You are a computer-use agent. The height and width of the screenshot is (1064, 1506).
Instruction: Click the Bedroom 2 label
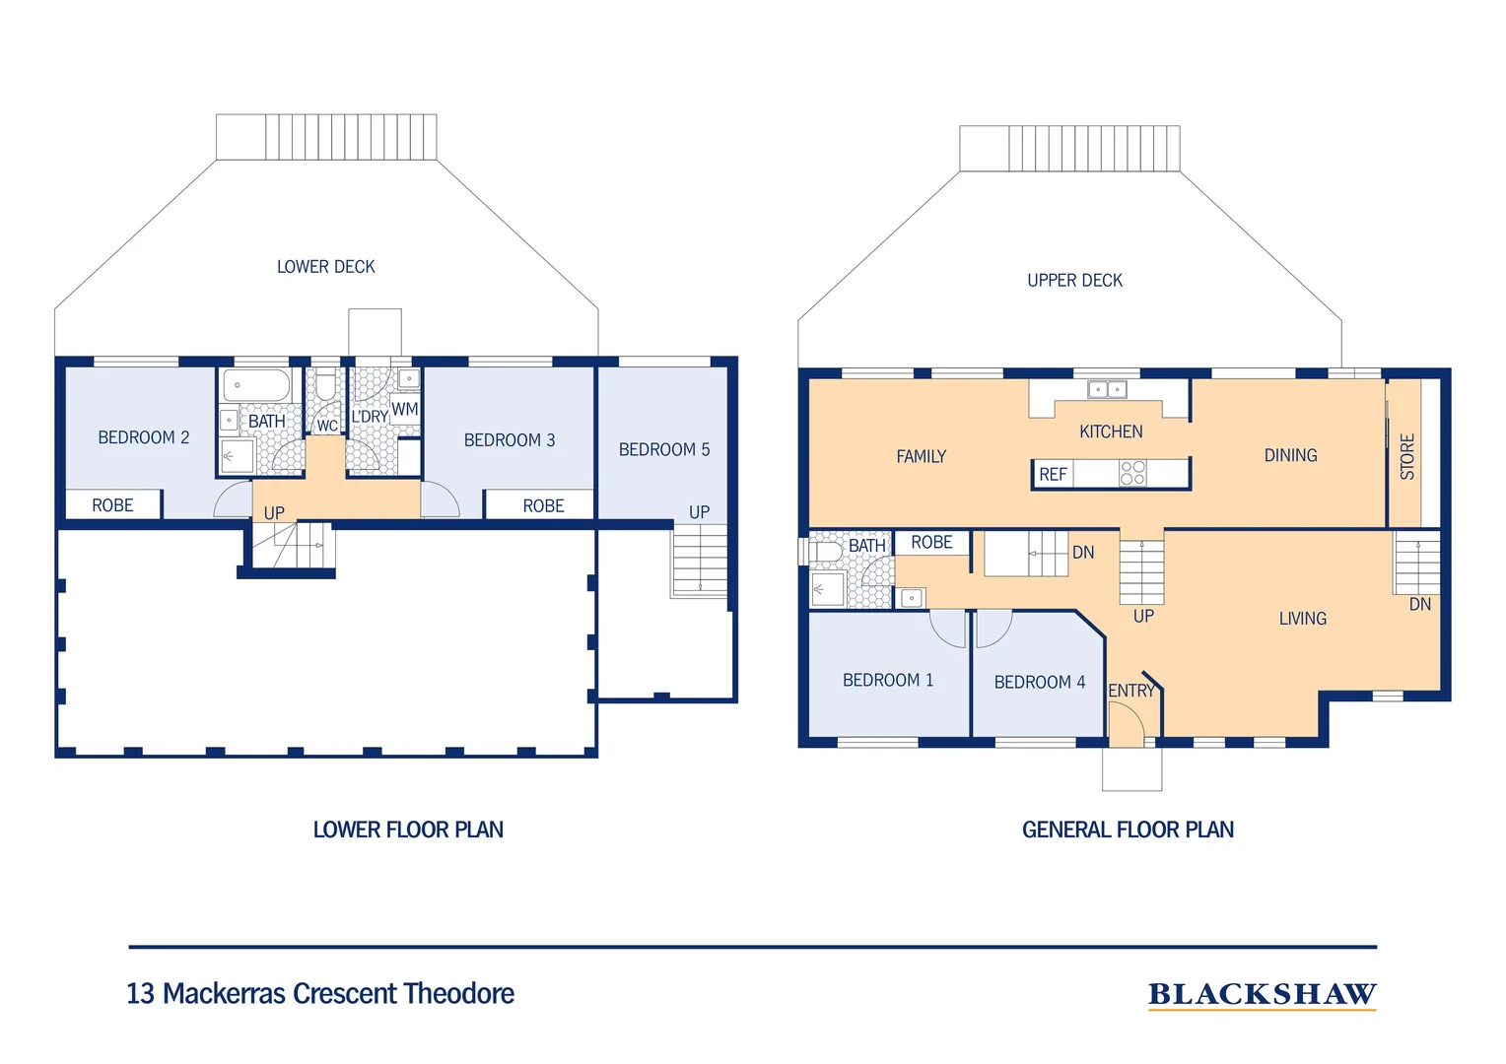click(x=143, y=437)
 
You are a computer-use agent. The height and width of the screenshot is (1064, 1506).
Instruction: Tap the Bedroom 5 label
click(x=663, y=450)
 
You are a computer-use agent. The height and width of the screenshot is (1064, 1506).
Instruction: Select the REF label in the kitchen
click(x=1053, y=475)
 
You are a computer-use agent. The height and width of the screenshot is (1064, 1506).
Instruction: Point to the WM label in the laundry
click(x=404, y=409)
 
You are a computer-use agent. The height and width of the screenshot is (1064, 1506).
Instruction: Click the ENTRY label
click(x=1130, y=691)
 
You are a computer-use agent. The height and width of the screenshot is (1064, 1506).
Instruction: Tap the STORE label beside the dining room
click(x=1407, y=456)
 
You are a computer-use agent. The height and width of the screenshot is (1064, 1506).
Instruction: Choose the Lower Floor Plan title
click(x=408, y=830)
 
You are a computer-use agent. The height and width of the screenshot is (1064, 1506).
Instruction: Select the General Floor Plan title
click(x=1128, y=830)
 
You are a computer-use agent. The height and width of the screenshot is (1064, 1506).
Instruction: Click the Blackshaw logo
click(x=1262, y=995)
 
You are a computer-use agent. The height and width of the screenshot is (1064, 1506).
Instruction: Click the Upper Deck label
click(x=1074, y=281)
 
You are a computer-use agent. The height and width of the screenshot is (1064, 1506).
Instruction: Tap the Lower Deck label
click(x=325, y=267)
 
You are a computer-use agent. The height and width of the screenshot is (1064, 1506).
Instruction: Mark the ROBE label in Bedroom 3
click(x=543, y=505)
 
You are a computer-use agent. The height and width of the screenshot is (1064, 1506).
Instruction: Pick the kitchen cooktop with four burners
click(x=1132, y=473)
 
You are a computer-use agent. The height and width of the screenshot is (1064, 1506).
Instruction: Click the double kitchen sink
click(x=1107, y=389)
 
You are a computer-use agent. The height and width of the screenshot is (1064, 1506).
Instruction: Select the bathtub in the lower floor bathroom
click(x=256, y=384)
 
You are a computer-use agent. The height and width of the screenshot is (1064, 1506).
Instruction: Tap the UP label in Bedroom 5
click(x=699, y=512)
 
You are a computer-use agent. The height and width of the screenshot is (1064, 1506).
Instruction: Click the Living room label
click(x=1302, y=619)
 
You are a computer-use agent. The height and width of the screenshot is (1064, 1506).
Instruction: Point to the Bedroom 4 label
click(x=1039, y=682)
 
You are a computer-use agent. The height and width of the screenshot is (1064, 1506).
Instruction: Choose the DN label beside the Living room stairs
click(x=1419, y=604)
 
